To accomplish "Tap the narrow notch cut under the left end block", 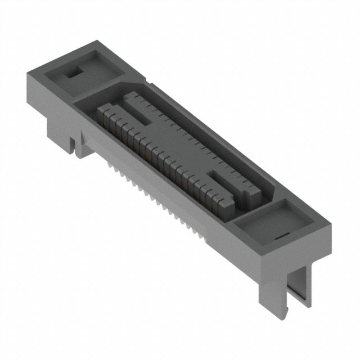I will pyautogui.click(x=73, y=145).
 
